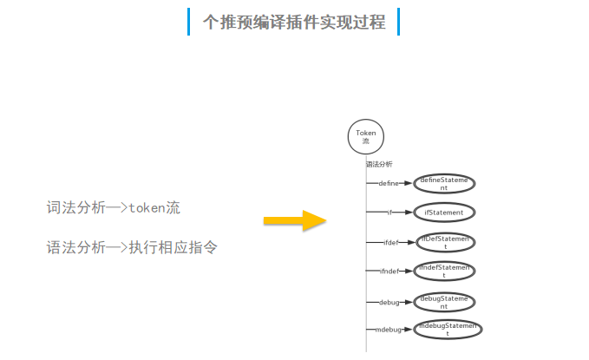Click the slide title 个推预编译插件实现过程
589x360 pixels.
click(294, 22)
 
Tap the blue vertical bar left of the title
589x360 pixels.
click(188, 22)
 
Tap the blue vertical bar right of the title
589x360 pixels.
click(398, 22)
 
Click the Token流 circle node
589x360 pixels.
click(365, 137)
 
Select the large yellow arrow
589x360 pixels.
click(293, 220)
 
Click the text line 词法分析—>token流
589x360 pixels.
click(114, 208)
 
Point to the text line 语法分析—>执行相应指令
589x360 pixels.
click(132, 248)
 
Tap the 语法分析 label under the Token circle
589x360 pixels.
click(379, 164)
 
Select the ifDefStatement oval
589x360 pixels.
click(445, 242)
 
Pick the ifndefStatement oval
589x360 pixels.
click(445, 272)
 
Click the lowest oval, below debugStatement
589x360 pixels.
click(447, 330)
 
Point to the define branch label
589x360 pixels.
click(388, 184)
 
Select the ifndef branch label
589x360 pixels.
click(389, 272)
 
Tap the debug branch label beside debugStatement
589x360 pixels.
click(389, 302)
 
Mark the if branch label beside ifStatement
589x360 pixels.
click(391, 212)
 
